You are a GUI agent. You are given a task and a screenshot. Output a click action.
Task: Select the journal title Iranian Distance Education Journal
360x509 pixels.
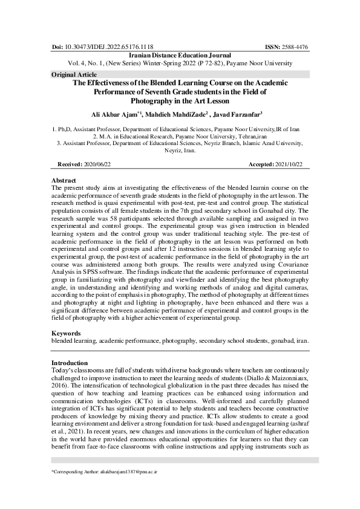pos(180,54)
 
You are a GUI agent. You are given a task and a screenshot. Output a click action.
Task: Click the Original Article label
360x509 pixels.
pos(70,74)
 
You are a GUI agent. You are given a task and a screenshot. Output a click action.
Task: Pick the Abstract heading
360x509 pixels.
pos(64,180)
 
